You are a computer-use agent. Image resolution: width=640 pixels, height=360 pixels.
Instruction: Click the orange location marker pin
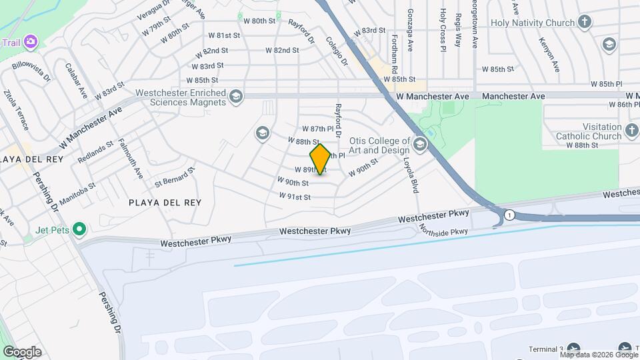click(x=320, y=159)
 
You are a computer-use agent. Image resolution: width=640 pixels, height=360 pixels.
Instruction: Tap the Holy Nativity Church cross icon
click(x=585, y=23)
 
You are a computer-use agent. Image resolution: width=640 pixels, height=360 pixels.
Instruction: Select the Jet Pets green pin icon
click(x=79, y=230)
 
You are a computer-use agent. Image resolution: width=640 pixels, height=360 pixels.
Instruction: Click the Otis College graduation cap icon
click(x=419, y=145)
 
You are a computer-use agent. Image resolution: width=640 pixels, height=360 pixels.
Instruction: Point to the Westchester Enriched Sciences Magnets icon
click(x=235, y=98)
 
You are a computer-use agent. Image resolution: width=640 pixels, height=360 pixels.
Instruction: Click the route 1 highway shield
click(x=509, y=215)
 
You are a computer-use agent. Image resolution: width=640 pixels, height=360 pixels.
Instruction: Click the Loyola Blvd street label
click(x=410, y=175)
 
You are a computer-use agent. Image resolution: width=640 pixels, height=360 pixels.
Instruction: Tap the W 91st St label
click(x=295, y=197)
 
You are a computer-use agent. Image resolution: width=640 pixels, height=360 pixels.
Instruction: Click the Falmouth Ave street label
click(x=130, y=159)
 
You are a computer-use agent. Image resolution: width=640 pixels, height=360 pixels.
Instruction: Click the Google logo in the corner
click(x=22, y=351)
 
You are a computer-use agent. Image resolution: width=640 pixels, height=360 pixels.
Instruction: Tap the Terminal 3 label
click(x=546, y=349)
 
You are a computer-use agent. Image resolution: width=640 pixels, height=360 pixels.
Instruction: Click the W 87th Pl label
click(x=317, y=128)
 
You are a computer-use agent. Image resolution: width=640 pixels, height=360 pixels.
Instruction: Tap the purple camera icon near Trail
click(x=31, y=42)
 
